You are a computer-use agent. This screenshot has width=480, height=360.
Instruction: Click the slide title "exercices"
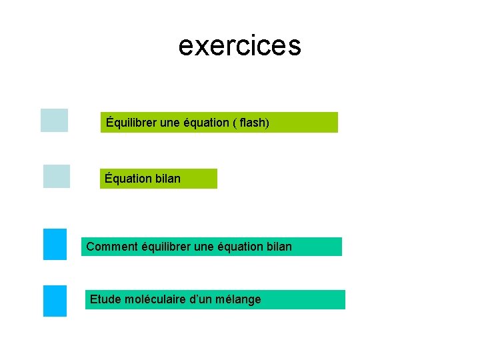point(239,46)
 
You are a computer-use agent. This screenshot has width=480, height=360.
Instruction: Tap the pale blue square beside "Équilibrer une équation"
point(54,120)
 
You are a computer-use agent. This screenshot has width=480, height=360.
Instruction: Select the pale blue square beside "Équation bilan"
point(57,176)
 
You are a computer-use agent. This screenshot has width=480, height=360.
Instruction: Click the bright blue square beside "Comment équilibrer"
point(55,244)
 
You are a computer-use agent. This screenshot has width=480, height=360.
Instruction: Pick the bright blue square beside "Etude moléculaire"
point(55,301)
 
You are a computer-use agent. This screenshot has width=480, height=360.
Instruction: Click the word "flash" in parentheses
point(251,123)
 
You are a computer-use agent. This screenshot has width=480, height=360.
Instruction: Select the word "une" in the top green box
point(171,123)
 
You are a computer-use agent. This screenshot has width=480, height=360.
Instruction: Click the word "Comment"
point(113,247)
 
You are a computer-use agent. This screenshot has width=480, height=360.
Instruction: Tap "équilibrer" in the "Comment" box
point(167,247)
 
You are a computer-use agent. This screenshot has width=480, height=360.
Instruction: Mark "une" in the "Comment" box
point(205,247)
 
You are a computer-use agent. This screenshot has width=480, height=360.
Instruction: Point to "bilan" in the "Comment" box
point(279,247)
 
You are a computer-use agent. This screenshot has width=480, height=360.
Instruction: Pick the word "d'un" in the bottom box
point(203,299)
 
